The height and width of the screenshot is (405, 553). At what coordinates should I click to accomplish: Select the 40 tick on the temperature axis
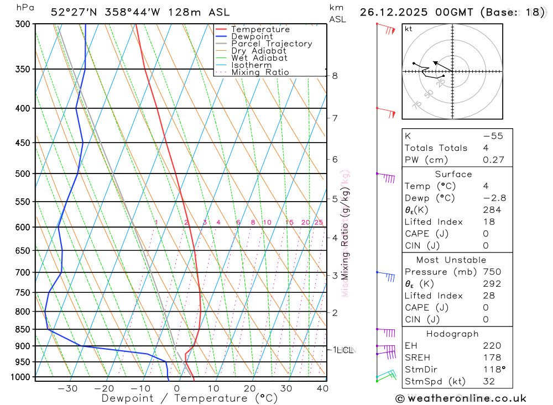coord(322,388)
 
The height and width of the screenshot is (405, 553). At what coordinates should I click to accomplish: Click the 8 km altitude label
coord(335,76)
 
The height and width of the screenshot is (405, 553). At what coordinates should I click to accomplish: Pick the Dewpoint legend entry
coord(252,36)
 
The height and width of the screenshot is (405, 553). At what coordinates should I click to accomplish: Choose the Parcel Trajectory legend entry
coord(272,44)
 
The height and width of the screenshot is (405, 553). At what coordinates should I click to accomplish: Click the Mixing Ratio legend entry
coord(260,72)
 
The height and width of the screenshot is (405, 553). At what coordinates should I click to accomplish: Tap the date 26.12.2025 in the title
coord(387,12)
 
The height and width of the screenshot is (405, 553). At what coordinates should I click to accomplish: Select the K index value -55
coord(493,136)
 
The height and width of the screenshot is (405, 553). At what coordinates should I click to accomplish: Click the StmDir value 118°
coord(492,370)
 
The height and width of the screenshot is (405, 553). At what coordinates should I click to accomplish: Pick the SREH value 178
coord(491,357)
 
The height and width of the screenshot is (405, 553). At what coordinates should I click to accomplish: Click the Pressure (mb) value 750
coord(491,272)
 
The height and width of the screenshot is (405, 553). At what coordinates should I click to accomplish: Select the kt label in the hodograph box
coord(409,29)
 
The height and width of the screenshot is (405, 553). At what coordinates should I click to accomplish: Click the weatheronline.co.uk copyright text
coord(461,398)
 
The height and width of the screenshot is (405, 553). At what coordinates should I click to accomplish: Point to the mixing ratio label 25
coord(319,223)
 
